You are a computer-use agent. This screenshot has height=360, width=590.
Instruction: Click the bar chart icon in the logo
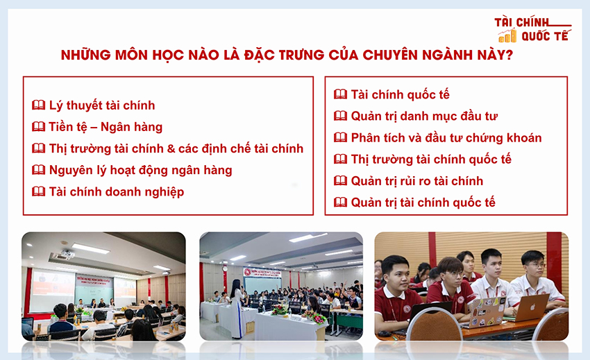(507, 36)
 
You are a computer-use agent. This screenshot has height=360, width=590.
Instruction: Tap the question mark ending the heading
(509, 55)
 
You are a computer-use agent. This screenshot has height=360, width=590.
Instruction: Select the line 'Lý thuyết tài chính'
(102, 105)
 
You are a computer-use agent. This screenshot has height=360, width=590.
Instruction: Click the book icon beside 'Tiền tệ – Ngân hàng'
(38, 127)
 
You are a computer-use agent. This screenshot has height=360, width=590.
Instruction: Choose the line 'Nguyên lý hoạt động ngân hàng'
(141, 171)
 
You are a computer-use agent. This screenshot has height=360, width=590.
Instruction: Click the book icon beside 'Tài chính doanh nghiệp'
(38, 191)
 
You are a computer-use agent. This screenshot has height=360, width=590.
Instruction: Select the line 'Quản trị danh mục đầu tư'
(424, 117)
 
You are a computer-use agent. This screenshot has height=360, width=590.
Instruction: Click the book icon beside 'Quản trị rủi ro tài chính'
(341, 180)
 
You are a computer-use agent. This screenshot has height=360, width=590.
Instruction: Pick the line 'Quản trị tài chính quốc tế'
(423, 203)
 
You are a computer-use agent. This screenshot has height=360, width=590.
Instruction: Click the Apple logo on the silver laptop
(532, 307)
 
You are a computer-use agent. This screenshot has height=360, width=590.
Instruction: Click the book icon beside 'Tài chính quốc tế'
(341, 94)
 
